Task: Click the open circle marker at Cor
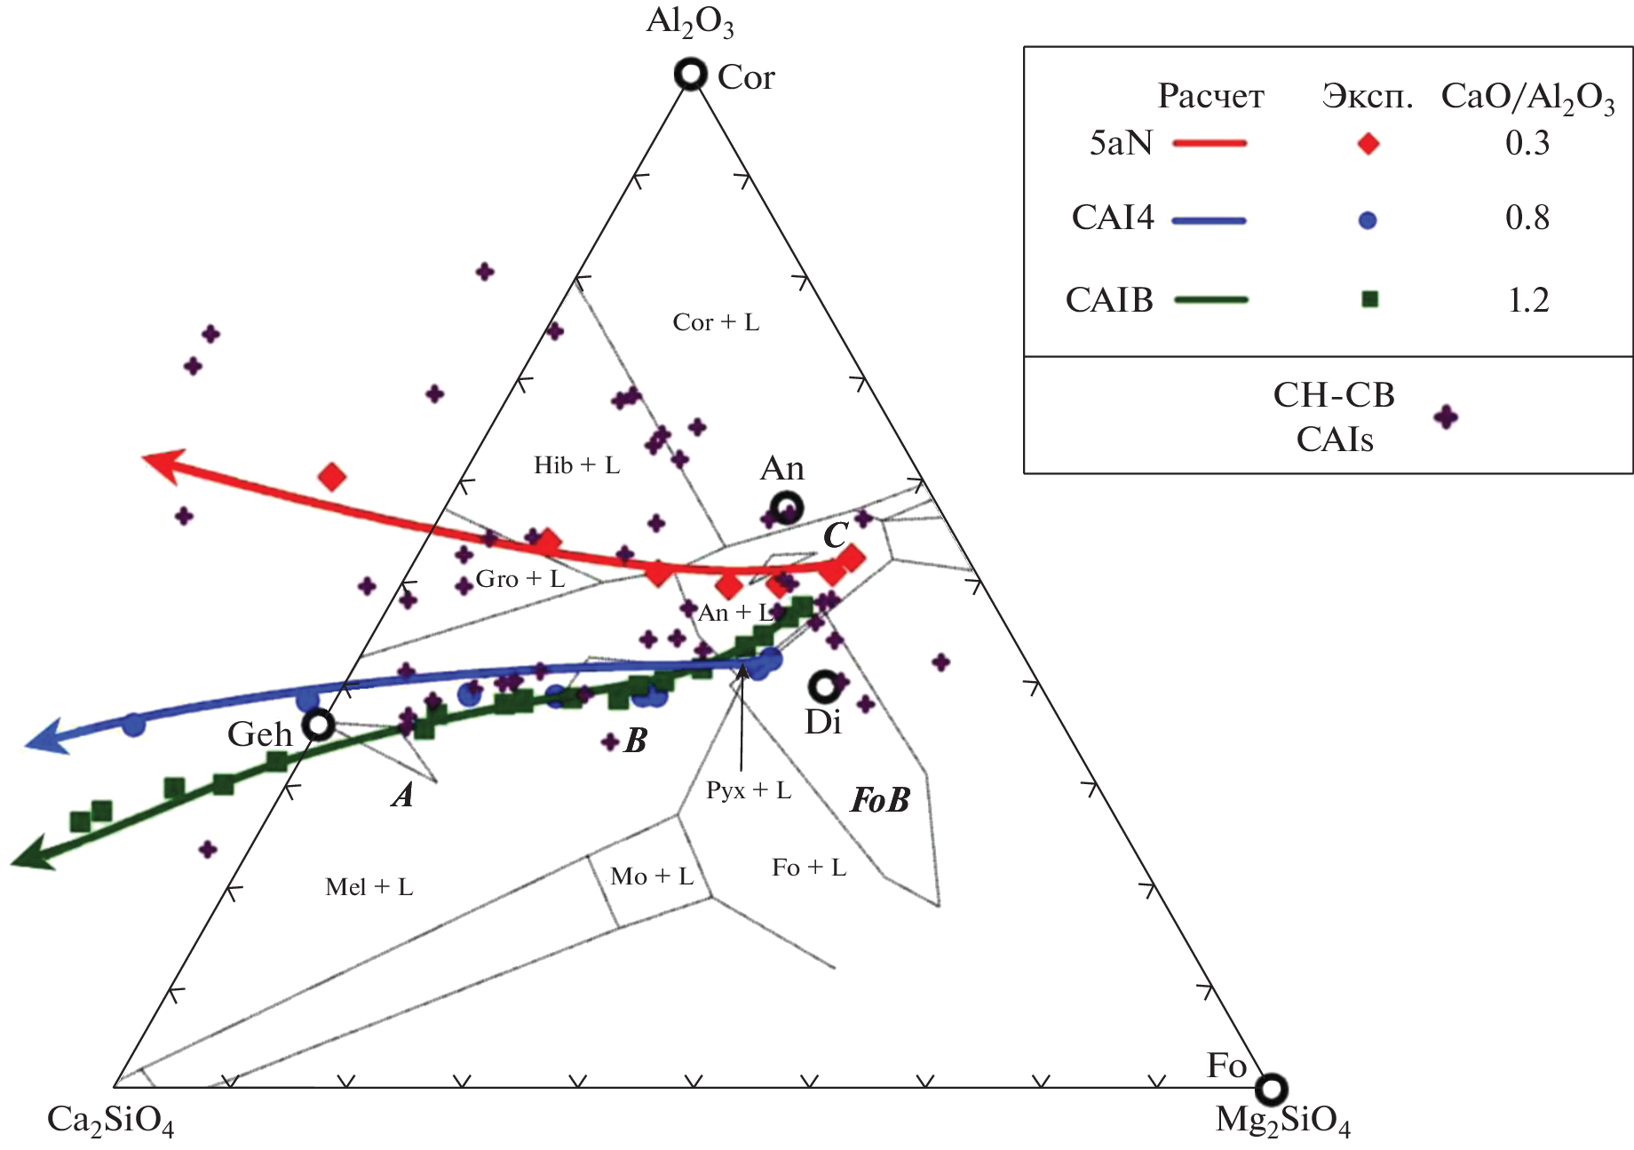click(691, 74)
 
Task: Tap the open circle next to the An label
click(788, 509)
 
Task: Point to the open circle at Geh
click(318, 726)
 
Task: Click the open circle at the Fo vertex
click(1272, 1088)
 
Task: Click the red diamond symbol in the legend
click(1368, 144)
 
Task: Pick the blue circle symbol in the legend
click(1368, 220)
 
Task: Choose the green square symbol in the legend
click(1369, 299)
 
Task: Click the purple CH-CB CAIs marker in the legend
click(1447, 416)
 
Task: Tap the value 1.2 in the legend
click(1527, 300)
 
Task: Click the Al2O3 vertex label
click(690, 22)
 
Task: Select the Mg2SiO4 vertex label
click(1282, 1122)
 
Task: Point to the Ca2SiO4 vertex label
click(110, 1122)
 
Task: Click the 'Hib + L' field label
click(576, 465)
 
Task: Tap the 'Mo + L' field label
click(652, 877)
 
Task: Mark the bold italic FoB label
click(880, 801)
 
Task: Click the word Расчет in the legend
click(1210, 96)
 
